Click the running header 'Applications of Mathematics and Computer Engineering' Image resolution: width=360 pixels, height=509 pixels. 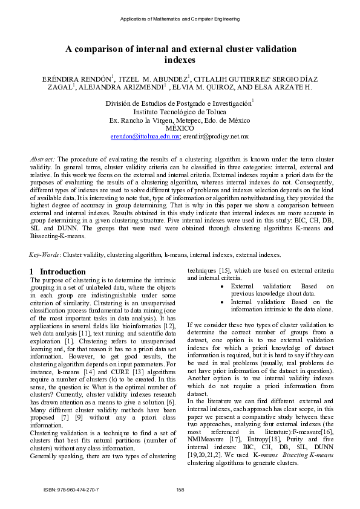coord(180,19)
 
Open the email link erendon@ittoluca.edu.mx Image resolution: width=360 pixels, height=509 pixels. coord(145,137)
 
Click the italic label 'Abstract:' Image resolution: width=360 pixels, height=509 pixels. coord(43,159)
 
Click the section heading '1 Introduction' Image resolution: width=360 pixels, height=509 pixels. coord(58,272)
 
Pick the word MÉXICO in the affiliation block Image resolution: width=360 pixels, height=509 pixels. coord(180,128)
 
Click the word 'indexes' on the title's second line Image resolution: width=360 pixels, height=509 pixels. coord(180,60)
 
